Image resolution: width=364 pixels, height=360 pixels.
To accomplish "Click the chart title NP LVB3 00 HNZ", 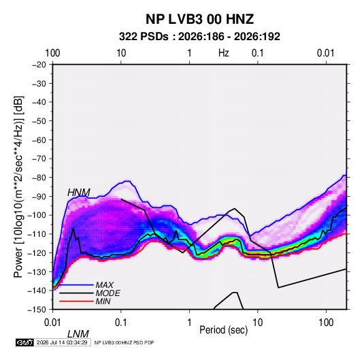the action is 199,19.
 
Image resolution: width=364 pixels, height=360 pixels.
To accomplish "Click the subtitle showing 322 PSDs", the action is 199,37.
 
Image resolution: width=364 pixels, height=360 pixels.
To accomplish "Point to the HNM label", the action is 79,193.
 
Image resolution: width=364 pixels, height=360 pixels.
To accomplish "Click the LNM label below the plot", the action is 78,334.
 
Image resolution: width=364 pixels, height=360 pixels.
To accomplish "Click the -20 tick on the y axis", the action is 39,65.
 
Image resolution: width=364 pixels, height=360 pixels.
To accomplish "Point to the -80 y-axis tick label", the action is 39,178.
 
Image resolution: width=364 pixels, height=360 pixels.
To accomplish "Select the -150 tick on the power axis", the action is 37,310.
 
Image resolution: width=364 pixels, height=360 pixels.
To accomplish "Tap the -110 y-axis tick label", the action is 37,234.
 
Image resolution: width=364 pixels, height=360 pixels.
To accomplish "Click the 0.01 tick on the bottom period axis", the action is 52,323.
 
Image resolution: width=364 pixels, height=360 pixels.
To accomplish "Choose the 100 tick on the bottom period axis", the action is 326,323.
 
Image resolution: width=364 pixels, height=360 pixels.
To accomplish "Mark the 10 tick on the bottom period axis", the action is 258,323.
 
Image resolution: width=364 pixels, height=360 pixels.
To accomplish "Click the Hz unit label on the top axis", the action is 224,53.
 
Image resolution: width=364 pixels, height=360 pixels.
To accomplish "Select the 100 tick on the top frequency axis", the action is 52,53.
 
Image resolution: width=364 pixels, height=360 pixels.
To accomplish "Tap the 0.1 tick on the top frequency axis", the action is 258,53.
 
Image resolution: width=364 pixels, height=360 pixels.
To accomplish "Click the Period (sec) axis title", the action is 224,330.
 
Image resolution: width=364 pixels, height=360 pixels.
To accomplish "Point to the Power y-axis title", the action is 19,186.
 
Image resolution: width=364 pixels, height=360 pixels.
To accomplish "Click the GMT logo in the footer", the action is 24,342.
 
